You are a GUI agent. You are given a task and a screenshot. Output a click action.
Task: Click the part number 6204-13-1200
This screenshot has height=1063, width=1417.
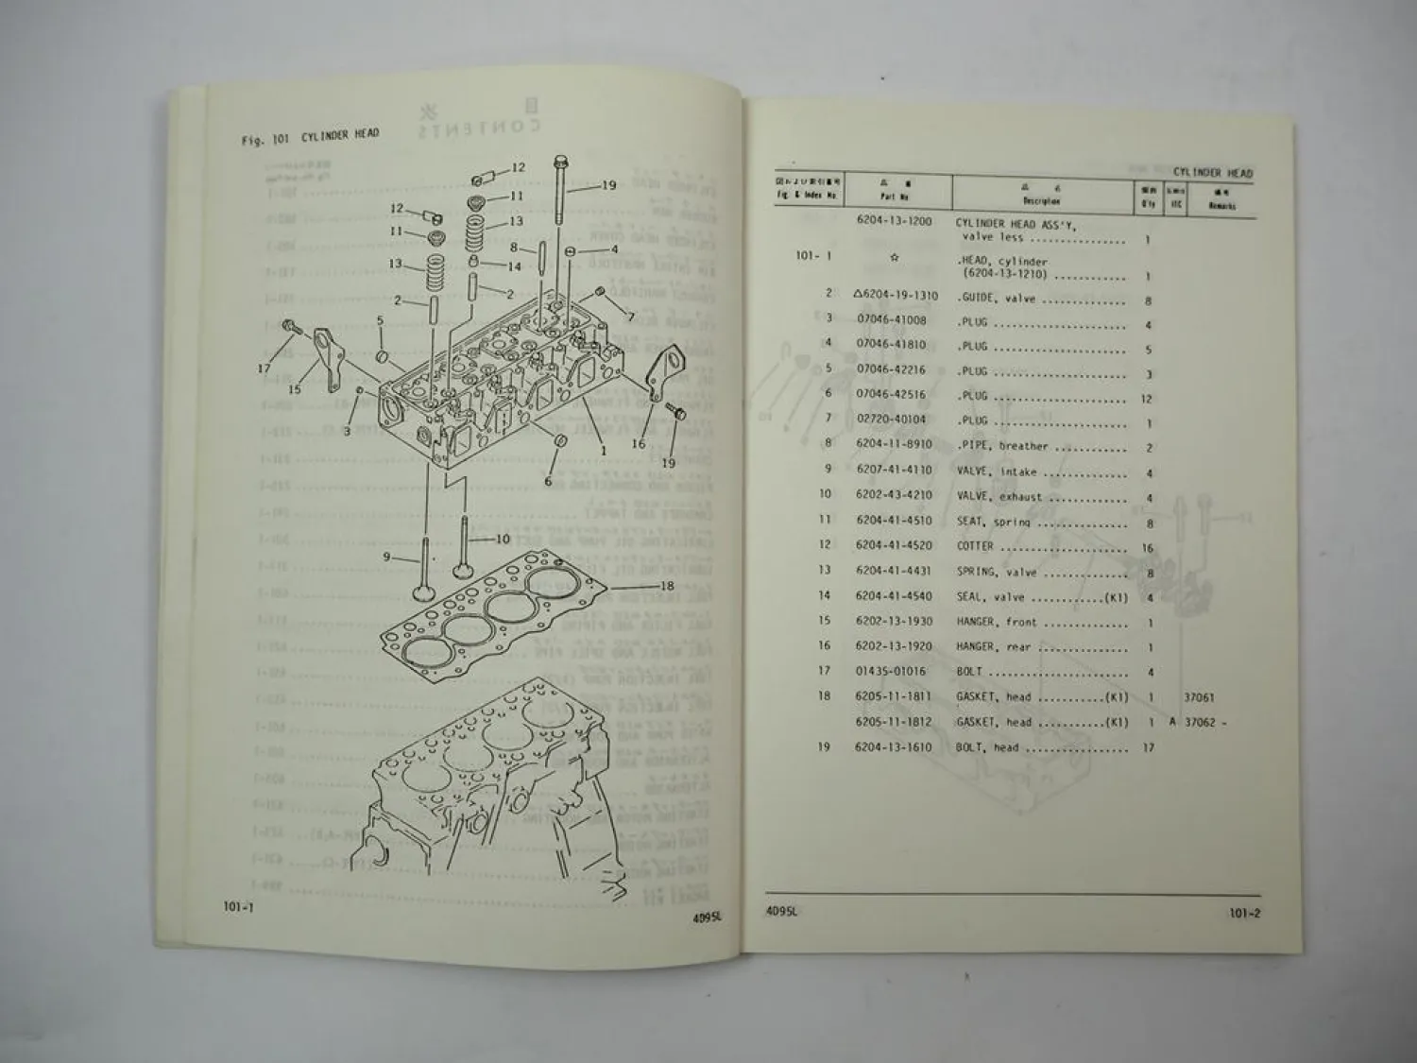click(x=894, y=221)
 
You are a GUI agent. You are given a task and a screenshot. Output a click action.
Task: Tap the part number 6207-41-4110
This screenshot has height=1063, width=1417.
click(x=894, y=470)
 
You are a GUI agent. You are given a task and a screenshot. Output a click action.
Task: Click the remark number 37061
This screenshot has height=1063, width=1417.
click(x=1199, y=697)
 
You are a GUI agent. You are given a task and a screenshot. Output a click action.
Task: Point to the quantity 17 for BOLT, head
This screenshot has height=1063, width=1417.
click(x=1149, y=747)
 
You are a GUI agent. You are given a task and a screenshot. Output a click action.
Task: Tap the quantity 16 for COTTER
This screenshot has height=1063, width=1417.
click(x=1148, y=547)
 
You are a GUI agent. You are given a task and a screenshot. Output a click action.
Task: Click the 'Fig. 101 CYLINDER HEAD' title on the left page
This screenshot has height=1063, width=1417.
click(x=310, y=137)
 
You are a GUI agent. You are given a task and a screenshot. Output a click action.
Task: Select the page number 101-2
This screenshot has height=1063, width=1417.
click(x=1245, y=914)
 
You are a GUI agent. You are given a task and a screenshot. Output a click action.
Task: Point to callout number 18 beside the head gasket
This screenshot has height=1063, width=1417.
click(x=667, y=586)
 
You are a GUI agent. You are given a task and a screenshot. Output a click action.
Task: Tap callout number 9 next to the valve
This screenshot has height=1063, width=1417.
click(x=386, y=557)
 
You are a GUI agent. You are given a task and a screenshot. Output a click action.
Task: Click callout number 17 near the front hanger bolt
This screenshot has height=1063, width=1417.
click(x=264, y=369)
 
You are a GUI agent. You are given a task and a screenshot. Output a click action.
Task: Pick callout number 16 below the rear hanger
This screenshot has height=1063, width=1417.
click(x=639, y=443)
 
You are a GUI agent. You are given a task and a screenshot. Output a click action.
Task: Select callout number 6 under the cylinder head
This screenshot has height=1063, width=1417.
click(x=548, y=482)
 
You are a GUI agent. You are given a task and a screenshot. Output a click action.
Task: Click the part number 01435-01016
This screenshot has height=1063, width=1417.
click(x=891, y=671)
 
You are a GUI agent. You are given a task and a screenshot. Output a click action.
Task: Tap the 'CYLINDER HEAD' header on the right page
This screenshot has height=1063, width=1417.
click(x=1212, y=173)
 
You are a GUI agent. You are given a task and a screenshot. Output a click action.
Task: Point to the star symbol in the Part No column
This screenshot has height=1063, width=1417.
click(x=894, y=256)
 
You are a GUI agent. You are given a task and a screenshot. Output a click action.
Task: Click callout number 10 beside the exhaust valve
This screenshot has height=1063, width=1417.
click(x=502, y=540)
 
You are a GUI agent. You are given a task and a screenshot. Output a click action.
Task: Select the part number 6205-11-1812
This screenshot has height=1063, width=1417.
click(x=894, y=722)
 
